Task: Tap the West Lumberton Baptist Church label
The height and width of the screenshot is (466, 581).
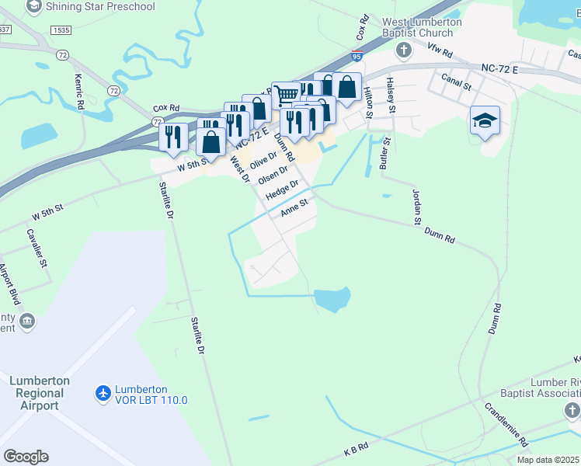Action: click(421, 28)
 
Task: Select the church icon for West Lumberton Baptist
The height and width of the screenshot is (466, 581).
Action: click(402, 51)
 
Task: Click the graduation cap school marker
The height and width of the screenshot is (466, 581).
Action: click(485, 120)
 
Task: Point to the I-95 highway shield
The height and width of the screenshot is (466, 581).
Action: click(356, 56)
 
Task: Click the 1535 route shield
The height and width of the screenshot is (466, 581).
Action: click(61, 30)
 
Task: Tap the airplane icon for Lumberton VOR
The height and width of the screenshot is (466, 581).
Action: click(102, 394)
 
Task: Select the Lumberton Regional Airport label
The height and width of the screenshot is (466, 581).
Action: click(39, 393)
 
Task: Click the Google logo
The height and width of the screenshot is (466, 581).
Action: click(26, 457)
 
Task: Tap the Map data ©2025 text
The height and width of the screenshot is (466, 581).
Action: click(547, 460)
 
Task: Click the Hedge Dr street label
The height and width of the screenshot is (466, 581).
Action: click(282, 190)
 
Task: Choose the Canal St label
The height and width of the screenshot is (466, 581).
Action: click(456, 81)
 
